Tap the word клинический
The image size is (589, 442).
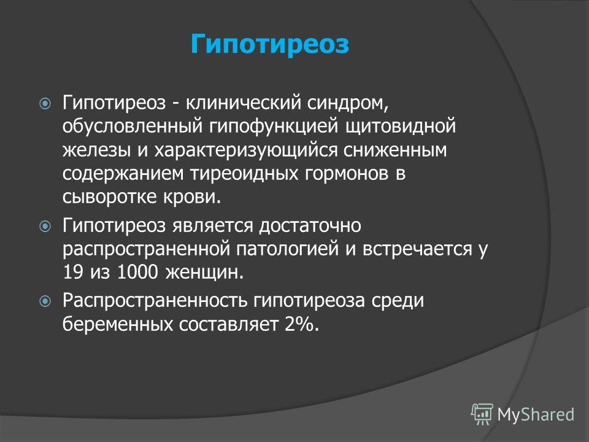point(244,103)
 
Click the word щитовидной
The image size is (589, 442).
point(401,126)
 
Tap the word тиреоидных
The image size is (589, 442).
point(245,174)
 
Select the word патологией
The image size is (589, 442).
point(288,249)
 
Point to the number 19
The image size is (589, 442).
point(73,272)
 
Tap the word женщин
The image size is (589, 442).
point(205,273)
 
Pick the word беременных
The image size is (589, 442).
point(117,324)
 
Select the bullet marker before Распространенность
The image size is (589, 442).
point(45,301)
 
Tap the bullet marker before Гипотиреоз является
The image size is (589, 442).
point(45,227)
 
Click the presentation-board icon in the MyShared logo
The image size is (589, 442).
point(482,414)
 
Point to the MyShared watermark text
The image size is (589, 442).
point(536,414)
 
